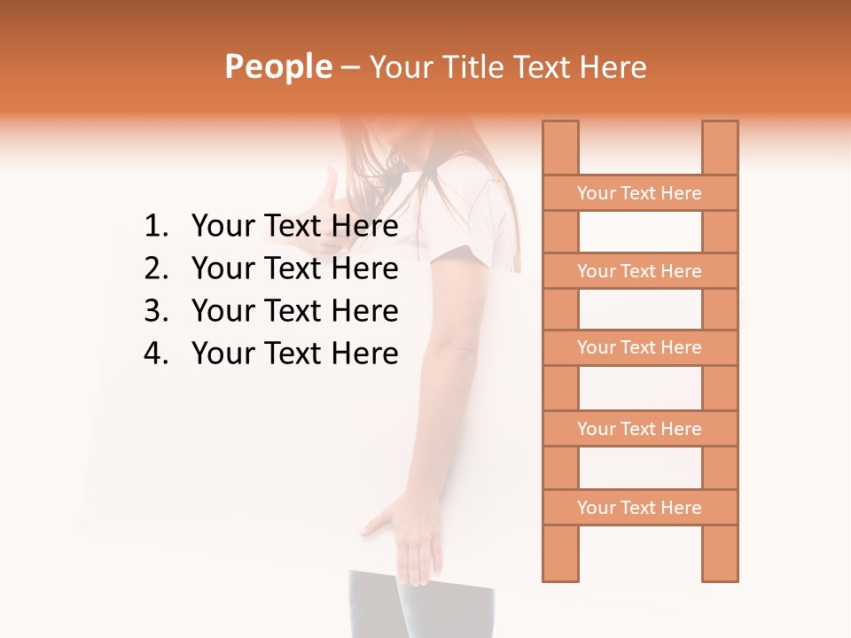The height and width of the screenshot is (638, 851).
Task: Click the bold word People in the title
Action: coord(277,66)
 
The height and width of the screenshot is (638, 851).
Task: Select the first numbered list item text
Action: coord(294,227)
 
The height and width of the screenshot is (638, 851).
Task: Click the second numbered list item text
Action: coord(294,268)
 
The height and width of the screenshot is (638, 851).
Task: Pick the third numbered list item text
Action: coord(294,311)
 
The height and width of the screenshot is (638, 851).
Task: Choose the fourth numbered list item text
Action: coord(294,354)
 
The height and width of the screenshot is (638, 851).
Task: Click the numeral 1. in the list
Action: coord(156,227)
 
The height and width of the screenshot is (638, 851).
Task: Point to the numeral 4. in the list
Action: coord(156,354)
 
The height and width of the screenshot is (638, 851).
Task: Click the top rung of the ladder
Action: coord(639,193)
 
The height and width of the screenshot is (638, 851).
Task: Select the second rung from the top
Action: coord(639,271)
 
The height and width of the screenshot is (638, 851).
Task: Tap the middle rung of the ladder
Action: coord(639,348)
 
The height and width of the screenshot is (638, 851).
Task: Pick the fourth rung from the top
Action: coord(639,429)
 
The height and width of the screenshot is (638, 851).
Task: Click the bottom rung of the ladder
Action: coord(639,508)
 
